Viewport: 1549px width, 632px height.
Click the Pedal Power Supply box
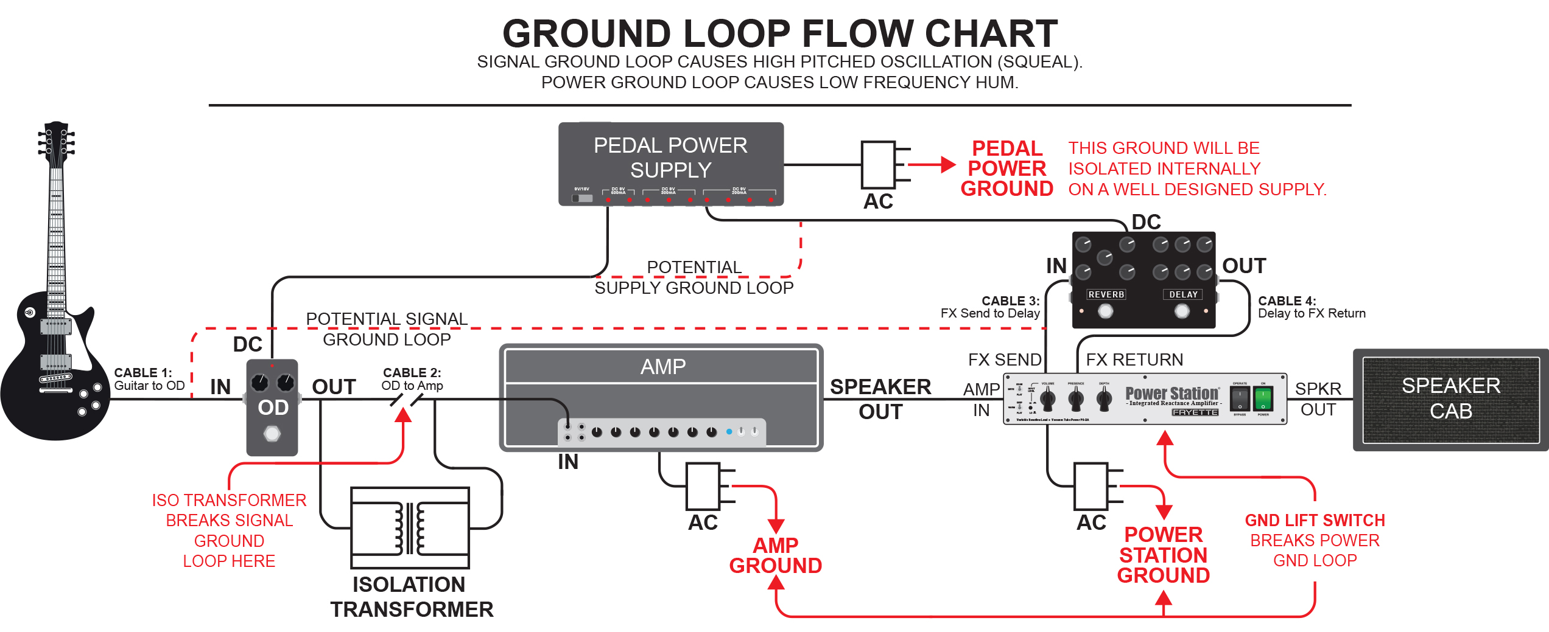(670, 163)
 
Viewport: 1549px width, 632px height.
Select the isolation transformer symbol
(410, 527)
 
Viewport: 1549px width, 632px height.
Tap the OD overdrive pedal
(272, 407)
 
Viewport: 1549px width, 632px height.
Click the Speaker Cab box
(1450, 399)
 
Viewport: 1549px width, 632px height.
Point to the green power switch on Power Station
(1263, 399)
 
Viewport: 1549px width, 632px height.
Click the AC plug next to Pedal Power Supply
(879, 164)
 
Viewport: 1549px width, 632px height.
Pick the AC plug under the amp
(703, 486)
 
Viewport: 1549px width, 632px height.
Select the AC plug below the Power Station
(1091, 486)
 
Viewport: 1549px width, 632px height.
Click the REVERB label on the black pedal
(1106, 294)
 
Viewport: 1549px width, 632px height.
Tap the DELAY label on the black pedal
(1183, 294)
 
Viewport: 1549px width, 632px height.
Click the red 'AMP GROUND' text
(775, 555)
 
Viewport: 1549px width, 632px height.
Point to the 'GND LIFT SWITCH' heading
(1315, 520)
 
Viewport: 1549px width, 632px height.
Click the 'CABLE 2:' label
(412, 372)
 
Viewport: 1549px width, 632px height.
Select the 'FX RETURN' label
(1134, 359)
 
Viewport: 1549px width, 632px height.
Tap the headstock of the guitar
(56, 143)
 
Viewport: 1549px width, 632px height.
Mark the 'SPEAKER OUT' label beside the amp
(880, 399)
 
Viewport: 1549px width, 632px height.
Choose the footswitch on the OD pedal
(272, 434)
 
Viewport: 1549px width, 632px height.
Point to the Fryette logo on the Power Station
(1195, 412)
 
